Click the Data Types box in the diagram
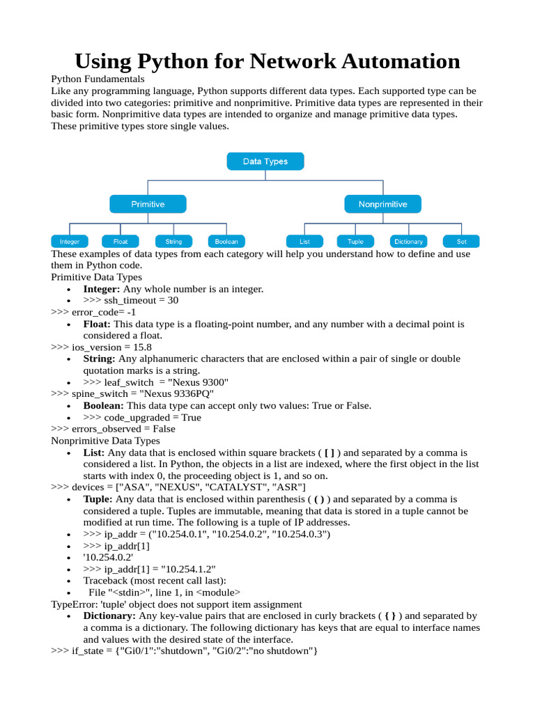point(265,162)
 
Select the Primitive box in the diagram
point(148,204)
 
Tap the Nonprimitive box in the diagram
point(382,204)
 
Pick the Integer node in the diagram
point(70,242)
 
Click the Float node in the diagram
point(121,242)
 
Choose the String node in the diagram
point(173,242)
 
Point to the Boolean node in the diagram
point(226,242)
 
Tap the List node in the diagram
point(304,242)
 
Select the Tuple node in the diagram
point(355,242)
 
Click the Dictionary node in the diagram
point(408,242)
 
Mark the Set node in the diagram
point(461,242)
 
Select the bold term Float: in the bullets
point(97,324)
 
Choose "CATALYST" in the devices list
point(228,487)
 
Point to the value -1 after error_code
point(131,312)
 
